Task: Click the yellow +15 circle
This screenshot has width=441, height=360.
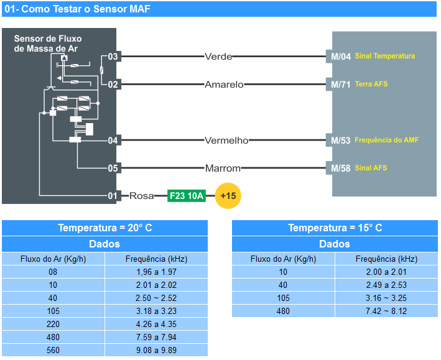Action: click(228, 196)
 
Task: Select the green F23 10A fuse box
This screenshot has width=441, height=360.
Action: click(187, 196)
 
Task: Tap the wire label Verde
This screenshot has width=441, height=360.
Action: click(218, 57)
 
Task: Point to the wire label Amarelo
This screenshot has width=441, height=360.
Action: click(224, 85)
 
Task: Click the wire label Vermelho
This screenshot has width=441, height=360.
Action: click(226, 141)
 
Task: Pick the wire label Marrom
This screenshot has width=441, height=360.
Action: click(223, 168)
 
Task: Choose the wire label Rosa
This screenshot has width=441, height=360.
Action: click(142, 196)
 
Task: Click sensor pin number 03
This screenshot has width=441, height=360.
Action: click(113, 57)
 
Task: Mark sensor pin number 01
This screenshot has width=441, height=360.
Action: click(113, 196)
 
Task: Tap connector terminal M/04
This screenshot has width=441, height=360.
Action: click(341, 57)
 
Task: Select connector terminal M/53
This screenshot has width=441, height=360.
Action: click(341, 141)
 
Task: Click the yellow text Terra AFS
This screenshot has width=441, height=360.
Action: click(371, 84)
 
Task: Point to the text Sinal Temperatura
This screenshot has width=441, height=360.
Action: click(385, 56)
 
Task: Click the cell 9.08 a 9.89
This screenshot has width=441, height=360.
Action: click(156, 350)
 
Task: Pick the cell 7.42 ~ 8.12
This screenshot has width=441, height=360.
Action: click(386, 311)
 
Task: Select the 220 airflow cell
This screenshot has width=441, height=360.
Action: click(53, 324)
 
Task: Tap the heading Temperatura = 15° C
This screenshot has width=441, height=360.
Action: click(335, 228)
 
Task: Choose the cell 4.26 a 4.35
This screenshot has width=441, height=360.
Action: click(156, 324)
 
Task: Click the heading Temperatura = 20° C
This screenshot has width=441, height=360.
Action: click(104, 228)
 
